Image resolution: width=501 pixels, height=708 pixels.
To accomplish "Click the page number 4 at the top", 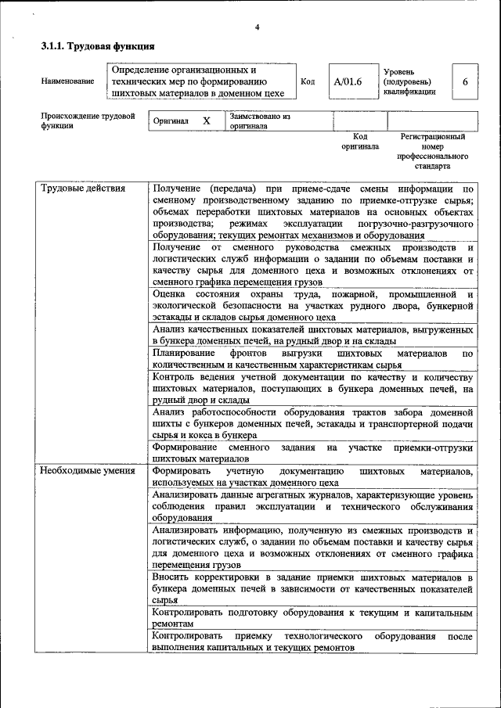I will coord(256,28).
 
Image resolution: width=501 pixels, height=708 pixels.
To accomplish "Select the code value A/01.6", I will coord(348,81).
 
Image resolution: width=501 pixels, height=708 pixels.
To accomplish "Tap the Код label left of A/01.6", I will coord(308,81).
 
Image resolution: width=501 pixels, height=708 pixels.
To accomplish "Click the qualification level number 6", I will coord(466,81).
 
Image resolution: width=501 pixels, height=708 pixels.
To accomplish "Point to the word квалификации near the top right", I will coord(409,92).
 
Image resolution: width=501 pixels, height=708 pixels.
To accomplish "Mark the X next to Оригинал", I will coord(207,121).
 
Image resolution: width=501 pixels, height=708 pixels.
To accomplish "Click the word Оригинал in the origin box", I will coord(171,121).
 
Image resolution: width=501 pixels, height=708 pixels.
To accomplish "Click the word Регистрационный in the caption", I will coord(433,136).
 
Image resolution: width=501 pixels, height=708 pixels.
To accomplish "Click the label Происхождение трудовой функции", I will coord(88,121).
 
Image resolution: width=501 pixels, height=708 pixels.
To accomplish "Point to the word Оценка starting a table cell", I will coord(170,294).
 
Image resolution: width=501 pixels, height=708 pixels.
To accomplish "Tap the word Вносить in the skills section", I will coord(172,577).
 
